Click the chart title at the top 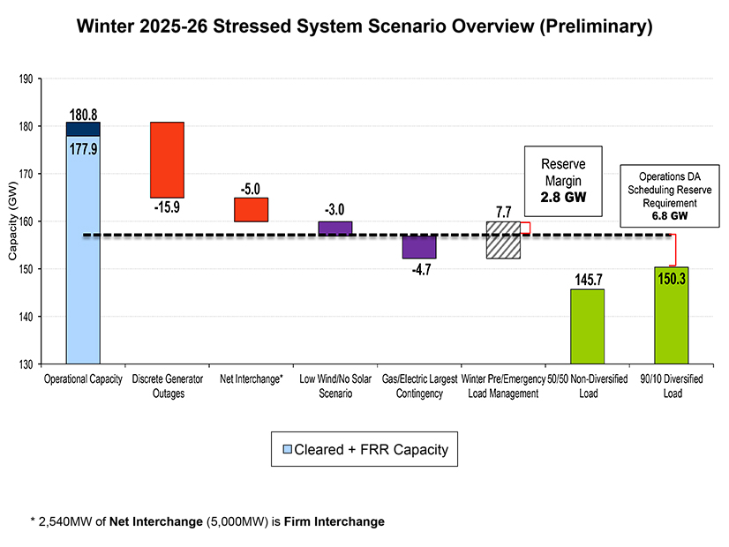(364, 26)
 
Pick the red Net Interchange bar (251, 210)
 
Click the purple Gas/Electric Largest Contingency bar (418, 246)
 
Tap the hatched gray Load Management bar (502, 240)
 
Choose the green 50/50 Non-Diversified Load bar (587, 326)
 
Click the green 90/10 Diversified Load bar (671, 315)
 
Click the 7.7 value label (502, 212)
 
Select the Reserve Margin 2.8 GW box (562, 182)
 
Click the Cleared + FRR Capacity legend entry (364, 450)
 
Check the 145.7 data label (587, 278)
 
